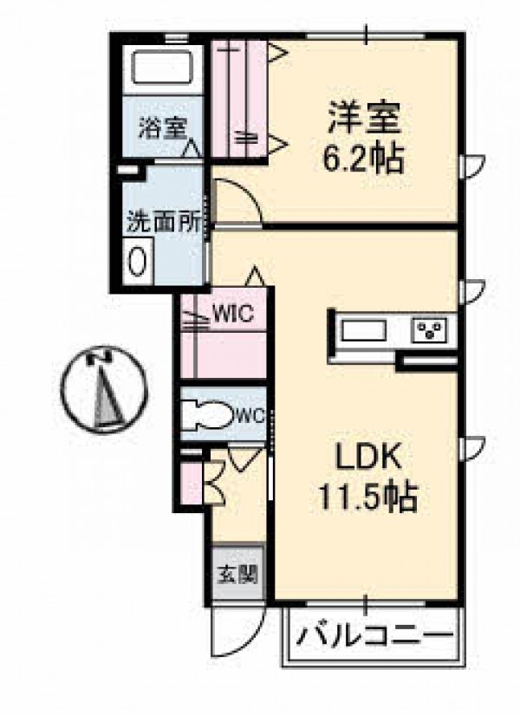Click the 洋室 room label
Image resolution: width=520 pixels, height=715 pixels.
pyautogui.click(x=363, y=118)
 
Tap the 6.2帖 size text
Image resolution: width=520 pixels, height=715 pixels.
pyautogui.click(x=363, y=159)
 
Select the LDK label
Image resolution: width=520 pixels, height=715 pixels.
pyautogui.click(x=368, y=458)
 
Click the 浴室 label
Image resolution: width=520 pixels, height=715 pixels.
pyautogui.click(x=163, y=128)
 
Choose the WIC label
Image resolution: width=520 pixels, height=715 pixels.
pyautogui.click(x=233, y=314)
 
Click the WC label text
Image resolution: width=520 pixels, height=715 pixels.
pyautogui.click(x=250, y=415)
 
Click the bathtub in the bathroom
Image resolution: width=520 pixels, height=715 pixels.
pyautogui.click(x=163, y=66)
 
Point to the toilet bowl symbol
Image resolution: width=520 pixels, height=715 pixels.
pyautogui.click(x=208, y=415)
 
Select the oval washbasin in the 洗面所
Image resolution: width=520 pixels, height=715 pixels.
pyautogui.click(x=137, y=261)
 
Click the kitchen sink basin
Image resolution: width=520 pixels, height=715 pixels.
pyautogui.click(x=364, y=330)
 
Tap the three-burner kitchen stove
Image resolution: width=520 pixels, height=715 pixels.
pyautogui.click(x=430, y=330)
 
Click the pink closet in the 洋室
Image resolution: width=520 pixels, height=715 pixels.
pyautogui.click(x=239, y=99)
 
